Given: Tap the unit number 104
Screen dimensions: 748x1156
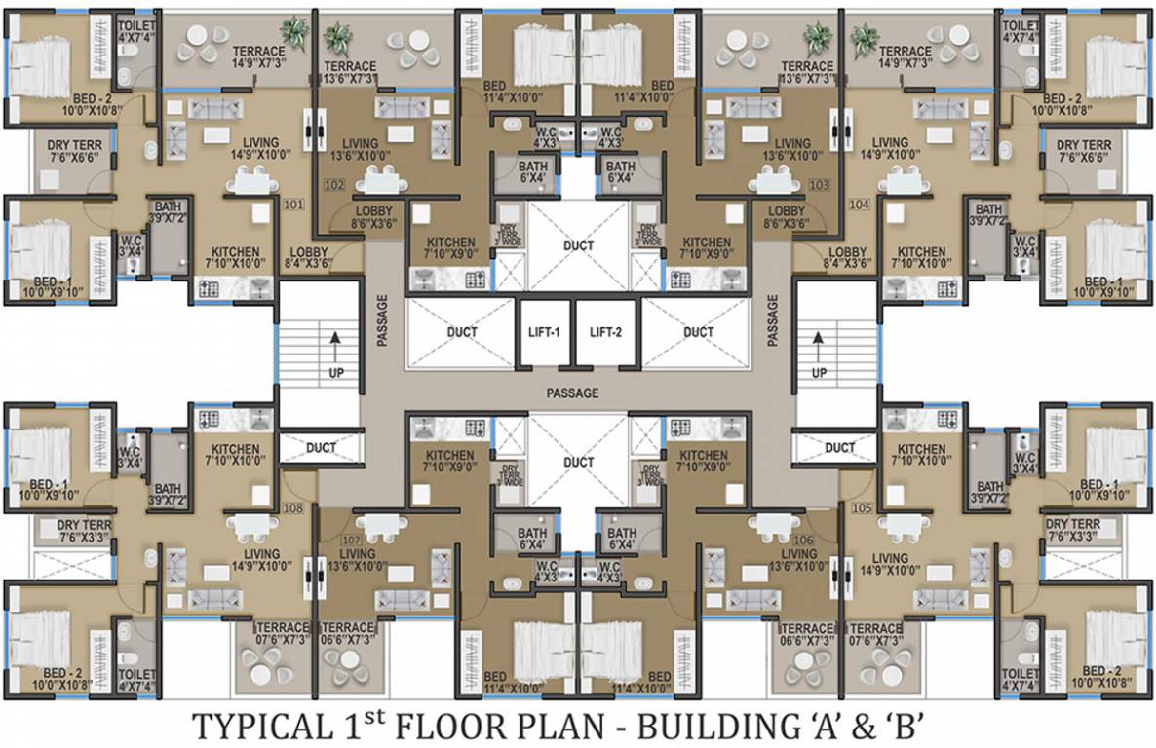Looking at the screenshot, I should (x=859, y=206).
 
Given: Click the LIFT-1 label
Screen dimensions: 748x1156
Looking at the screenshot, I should (x=543, y=332).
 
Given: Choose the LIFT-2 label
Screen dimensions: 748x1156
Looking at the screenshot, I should (x=605, y=332).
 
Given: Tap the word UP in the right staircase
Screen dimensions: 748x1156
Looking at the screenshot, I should (x=820, y=373).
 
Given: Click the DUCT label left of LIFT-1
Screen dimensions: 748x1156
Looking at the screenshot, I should (x=462, y=332).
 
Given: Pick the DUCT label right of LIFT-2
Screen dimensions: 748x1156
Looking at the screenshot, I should (x=698, y=332).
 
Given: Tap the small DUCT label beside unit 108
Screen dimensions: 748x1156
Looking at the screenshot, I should (x=321, y=448).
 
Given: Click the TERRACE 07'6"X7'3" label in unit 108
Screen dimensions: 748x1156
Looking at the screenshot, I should (x=282, y=634).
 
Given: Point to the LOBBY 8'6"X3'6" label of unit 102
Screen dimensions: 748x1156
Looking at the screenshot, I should (x=374, y=217).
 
